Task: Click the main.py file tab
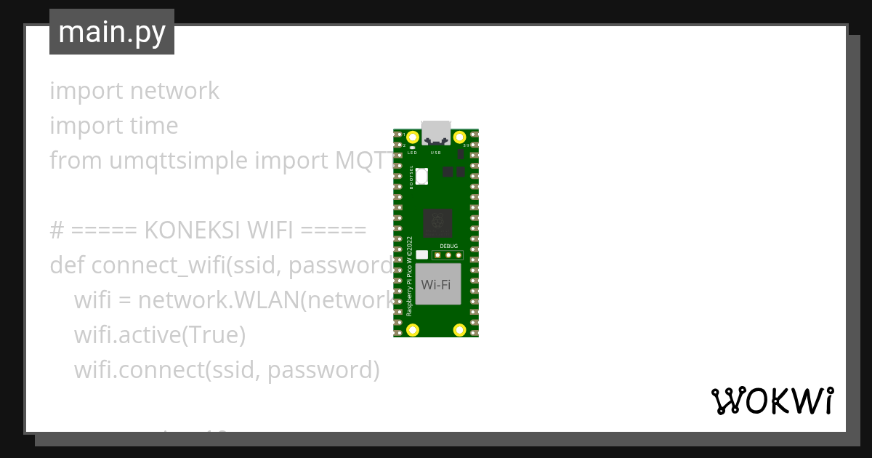(112, 32)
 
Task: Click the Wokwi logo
(772, 401)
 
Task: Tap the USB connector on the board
(436, 130)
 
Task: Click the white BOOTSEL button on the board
(422, 175)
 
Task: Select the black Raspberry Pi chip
(437, 222)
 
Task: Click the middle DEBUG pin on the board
(449, 254)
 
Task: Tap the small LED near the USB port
(412, 148)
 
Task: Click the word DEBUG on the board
(449, 246)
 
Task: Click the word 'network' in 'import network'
(174, 91)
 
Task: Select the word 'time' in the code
(154, 126)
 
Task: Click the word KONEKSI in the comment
(193, 230)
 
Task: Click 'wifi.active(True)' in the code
(160, 335)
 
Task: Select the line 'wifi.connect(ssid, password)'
(227, 370)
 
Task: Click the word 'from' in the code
(66, 161)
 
